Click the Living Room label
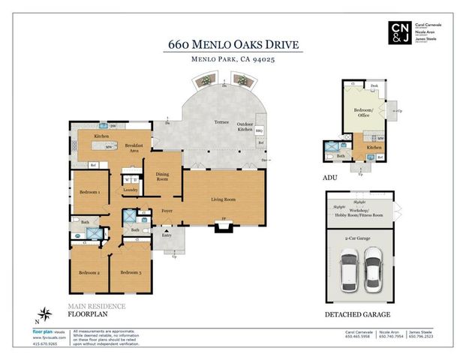click(x=223, y=199)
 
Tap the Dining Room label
click(x=162, y=176)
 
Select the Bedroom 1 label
click(x=89, y=192)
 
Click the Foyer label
click(x=167, y=211)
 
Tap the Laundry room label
click(x=129, y=190)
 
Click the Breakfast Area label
click(x=134, y=147)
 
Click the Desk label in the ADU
click(x=374, y=85)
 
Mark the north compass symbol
click(x=47, y=313)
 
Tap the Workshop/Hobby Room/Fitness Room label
click(x=363, y=214)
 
